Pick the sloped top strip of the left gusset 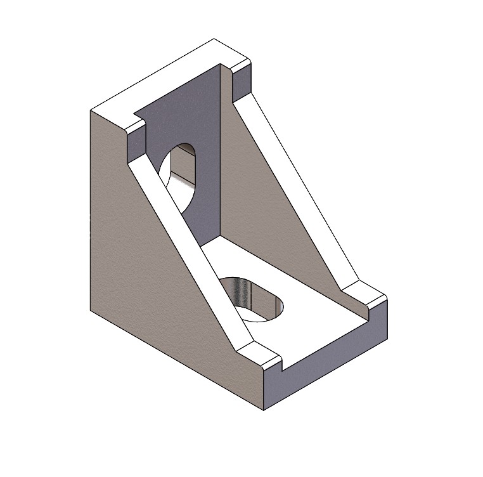coord(190,254)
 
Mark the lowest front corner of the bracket coord(264,410)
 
